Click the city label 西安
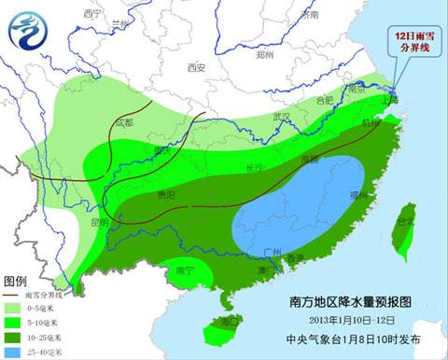(195, 67)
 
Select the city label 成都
(122, 122)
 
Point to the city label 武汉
(281, 117)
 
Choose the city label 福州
(357, 194)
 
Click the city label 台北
(404, 222)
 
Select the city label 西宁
(91, 14)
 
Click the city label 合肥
(324, 100)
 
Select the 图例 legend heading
(17, 281)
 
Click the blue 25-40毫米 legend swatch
(16, 352)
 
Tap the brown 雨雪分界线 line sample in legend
(15, 294)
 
